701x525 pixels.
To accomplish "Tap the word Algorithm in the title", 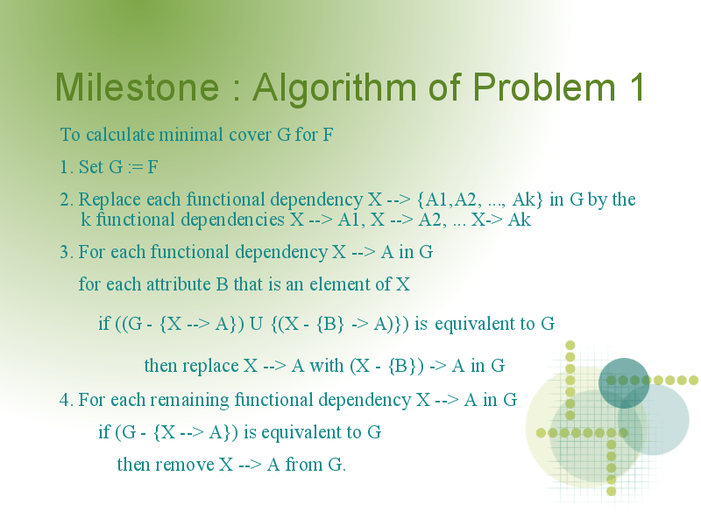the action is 335,88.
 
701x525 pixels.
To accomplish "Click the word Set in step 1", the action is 91,167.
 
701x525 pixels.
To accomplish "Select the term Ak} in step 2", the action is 528,199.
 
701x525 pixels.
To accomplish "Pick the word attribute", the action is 179,284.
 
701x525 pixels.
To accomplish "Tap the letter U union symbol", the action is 256,324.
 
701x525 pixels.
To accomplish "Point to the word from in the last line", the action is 303,465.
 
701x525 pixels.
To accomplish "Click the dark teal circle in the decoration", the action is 624,383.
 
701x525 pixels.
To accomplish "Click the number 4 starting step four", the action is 64,400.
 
